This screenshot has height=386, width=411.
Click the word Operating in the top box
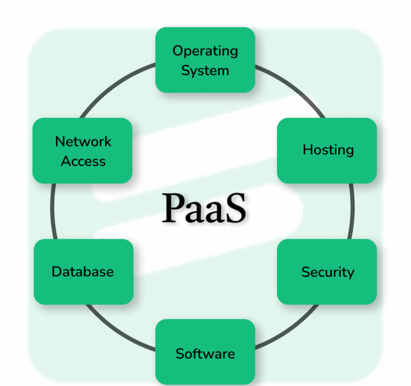(205, 51)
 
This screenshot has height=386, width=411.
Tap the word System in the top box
(205, 70)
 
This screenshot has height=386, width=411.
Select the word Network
(83, 141)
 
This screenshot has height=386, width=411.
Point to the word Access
(83, 161)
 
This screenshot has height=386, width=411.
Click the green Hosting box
(327, 150)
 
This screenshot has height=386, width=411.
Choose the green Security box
(327, 271)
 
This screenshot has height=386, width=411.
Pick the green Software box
(205, 354)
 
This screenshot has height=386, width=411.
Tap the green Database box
(83, 271)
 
